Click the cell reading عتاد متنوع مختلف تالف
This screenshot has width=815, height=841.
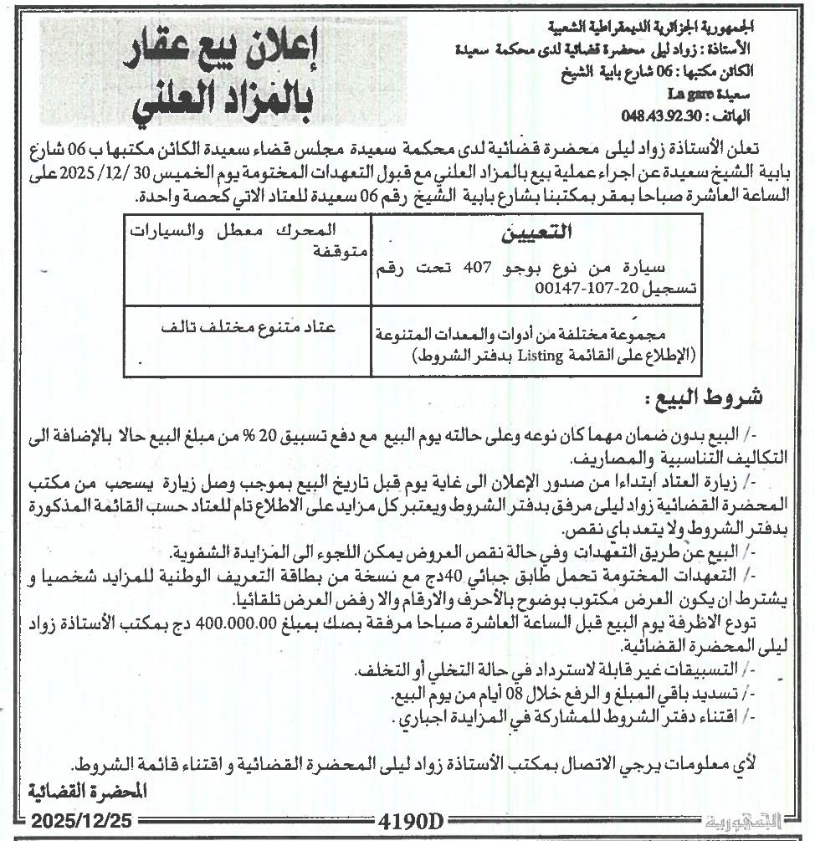(x=249, y=327)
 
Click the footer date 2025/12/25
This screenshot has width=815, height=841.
(x=74, y=821)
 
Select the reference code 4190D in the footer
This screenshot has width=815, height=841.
(x=411, y=822)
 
